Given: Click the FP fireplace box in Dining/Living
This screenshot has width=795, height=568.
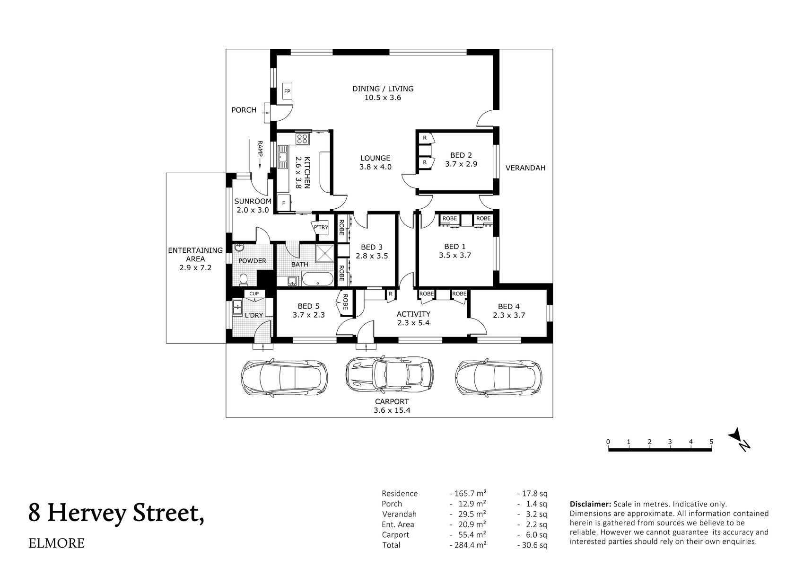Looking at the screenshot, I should tap(287, 91).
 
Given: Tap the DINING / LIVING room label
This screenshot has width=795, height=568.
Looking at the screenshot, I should tap(383, 89).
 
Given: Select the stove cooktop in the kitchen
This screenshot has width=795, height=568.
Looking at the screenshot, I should tap(302, 139).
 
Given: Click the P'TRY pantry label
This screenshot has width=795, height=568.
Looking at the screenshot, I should tap(321, 227).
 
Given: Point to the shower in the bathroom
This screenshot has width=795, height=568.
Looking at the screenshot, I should tap(325, 253).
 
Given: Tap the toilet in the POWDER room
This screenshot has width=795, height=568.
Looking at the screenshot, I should tap(243, 280).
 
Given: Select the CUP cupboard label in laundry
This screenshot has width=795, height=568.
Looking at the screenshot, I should tap(254, 294).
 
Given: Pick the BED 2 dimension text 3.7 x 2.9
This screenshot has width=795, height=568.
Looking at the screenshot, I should tap(461, 164).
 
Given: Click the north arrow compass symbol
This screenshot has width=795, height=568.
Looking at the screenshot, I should tap(739, 439).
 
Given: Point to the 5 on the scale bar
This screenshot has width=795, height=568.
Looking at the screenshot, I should tap(711, 442).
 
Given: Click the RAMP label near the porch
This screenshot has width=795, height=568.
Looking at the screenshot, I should tap(260, 149).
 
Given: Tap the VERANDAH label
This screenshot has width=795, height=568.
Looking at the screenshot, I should tap(525, 168).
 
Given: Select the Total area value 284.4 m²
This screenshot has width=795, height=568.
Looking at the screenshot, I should tap(468, 545).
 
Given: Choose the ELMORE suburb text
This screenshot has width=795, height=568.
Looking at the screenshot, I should tap(57, 543).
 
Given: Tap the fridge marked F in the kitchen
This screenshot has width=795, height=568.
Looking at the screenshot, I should tap(284, 203).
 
